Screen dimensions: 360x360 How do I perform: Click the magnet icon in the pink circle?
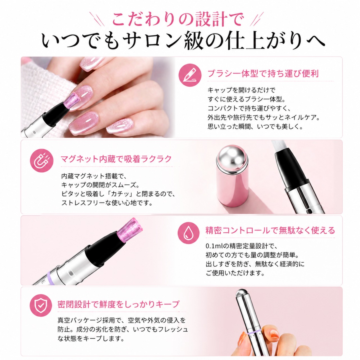point(41,160)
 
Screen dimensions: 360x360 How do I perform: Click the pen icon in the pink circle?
point(190,75)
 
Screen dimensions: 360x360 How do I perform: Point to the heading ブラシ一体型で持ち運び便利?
point(263,73)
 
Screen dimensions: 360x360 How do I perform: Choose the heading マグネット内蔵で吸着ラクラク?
point(116,159)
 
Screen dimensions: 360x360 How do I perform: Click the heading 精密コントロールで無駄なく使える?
point(270,230)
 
